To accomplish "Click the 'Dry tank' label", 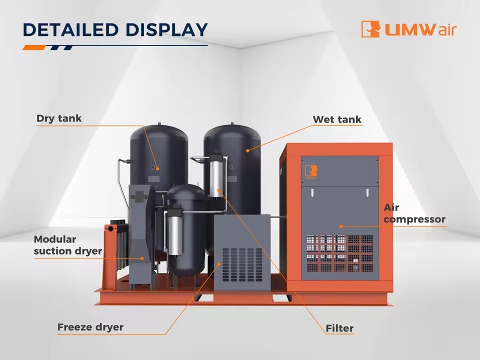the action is pos(59,118).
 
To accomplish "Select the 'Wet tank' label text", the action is pos(337,119).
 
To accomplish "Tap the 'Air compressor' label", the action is pos(414,213).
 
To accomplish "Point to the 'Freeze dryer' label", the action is pos(90,327).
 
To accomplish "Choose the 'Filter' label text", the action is pos(339,328).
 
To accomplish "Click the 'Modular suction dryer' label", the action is pos(68,245).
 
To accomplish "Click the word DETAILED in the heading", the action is pos(70,29).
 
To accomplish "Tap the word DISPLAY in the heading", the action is pos(166,29).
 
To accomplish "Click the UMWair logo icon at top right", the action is pos(370,29).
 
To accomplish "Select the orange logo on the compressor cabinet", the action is pos(311,171).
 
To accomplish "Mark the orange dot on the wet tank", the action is pos(247,150).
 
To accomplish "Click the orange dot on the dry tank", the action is pos(157,168).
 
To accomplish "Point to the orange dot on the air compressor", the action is pos(340,226).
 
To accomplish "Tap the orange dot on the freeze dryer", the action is pos(219,263).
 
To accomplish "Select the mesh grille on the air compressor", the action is pos(340,253).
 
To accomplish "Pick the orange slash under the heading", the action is pos(34,47).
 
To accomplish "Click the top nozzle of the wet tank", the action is pos(232,123).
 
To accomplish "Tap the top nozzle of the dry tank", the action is pos(159,124).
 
